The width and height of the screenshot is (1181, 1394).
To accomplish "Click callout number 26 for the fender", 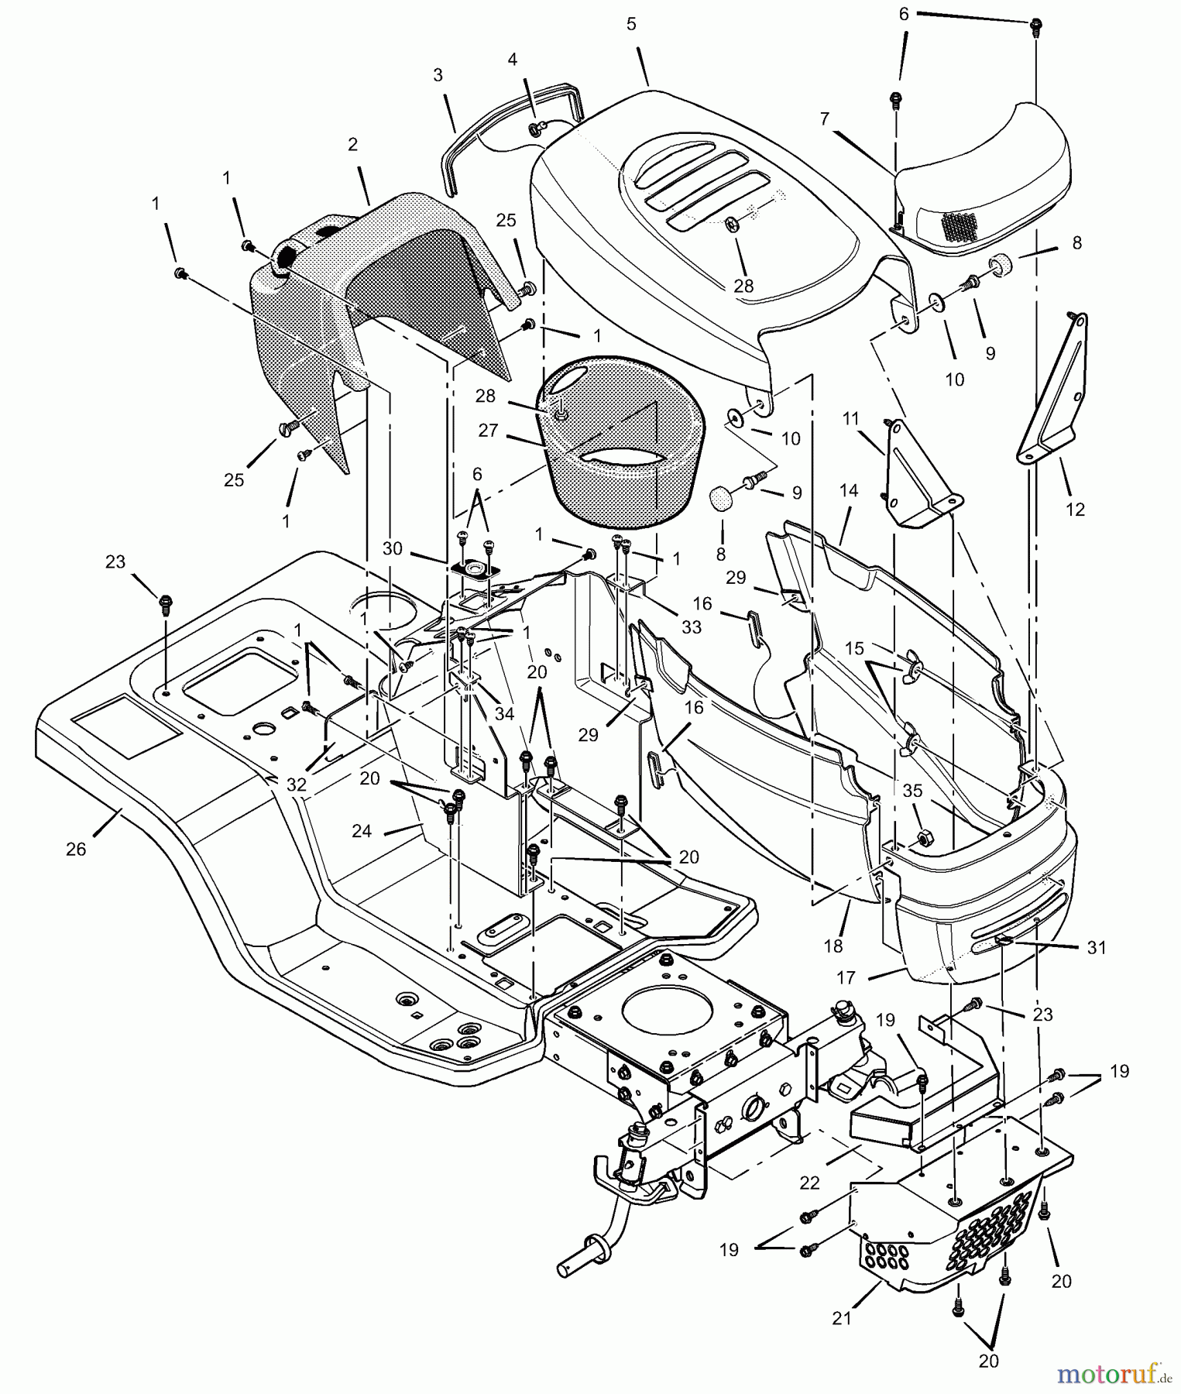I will pos(76,850).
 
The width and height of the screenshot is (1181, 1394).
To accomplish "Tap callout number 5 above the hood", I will pos(631,24).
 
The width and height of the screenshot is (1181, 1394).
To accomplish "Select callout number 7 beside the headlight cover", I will pos(825,118).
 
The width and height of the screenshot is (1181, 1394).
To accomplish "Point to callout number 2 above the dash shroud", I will pos(353,144).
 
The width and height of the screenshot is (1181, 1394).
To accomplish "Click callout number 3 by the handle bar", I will pos(438,75).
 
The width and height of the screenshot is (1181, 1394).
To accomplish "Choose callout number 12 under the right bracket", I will pos(1075,509).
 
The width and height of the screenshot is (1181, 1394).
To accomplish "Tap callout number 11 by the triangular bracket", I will pos(851,419).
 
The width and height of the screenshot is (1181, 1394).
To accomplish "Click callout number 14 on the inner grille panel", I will pos(849,490).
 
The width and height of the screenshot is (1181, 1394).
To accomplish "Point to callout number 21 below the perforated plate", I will pos(842,1318).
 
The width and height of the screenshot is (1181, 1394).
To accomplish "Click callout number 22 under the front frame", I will pos(810,1184).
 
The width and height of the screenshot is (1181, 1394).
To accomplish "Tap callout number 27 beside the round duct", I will pos(488,431).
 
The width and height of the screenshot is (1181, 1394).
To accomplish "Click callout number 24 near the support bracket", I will pos(362,831).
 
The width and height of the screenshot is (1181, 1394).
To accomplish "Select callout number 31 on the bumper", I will pos(1097,947).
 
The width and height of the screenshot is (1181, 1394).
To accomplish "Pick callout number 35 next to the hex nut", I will pos(913,791).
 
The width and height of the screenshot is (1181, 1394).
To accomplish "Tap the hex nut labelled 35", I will pos(923,838).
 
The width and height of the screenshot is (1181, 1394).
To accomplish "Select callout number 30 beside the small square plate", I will pos(393,548).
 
